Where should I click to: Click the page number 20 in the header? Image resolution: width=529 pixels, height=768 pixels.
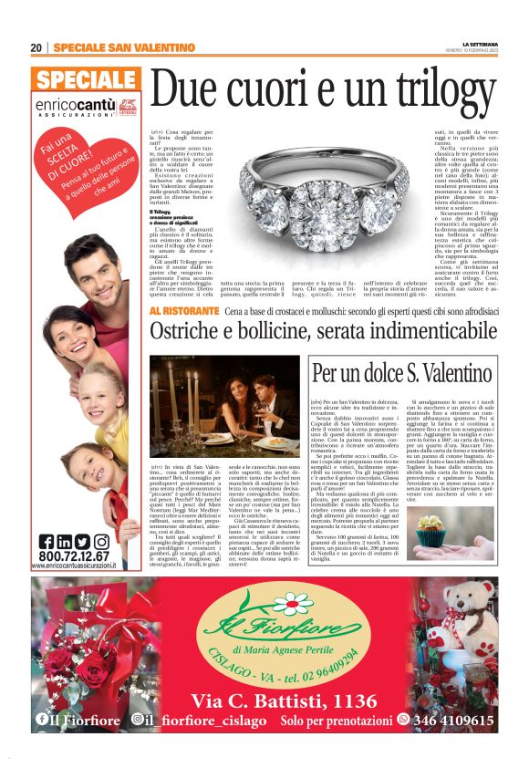[x=36, y=47]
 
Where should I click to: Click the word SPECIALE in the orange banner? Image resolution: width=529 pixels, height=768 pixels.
[x=88, y=79]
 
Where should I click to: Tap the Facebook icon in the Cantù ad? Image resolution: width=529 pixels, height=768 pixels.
[x=47, y=541]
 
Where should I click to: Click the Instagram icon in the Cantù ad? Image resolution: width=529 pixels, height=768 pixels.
[x=100, y=541]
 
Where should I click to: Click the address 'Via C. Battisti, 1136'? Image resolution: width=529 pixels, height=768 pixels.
[x=272, y=701]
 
